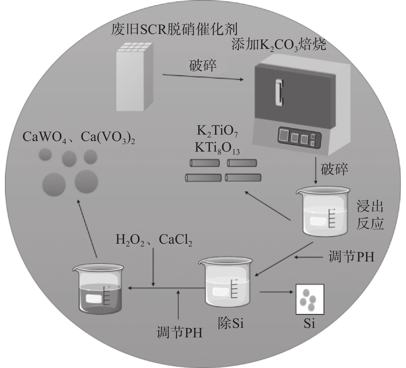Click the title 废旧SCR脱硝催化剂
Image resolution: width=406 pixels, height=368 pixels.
coord(174,30)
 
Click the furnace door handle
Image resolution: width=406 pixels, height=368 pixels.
coord(279,92)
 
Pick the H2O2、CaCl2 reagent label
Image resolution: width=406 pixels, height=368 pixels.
coord(154,240)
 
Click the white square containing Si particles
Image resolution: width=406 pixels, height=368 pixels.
coord(310,299)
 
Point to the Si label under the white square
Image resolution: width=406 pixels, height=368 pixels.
coord(309,324)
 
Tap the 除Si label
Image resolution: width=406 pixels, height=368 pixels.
coord(230,323)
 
